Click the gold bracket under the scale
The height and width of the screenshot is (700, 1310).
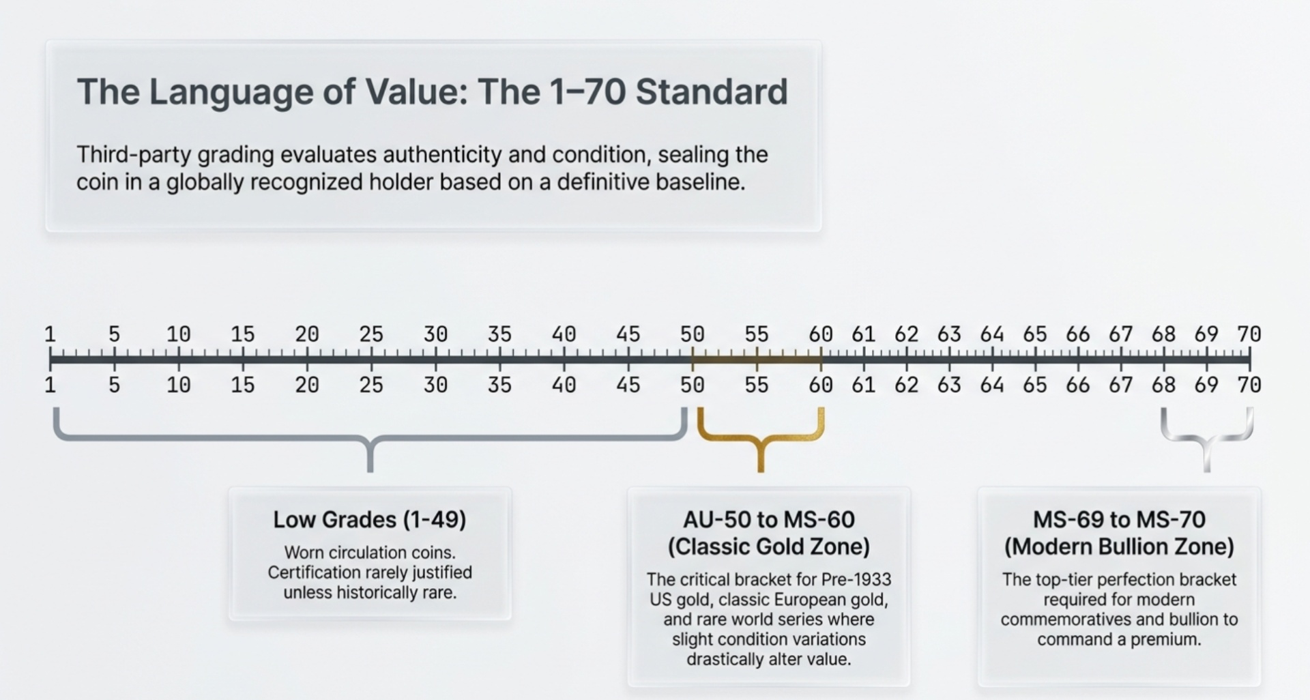pos(761,437)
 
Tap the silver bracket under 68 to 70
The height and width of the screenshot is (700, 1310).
pos(1206,437)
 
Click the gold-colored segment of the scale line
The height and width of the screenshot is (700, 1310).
pos(756,358)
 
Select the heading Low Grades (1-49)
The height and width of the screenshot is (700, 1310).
pos(370,520)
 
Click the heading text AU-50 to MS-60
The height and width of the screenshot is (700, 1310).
pos(768,520)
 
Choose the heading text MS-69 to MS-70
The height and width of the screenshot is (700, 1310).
pos(1119,520)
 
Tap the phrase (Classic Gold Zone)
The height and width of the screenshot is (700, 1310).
pos(768,546)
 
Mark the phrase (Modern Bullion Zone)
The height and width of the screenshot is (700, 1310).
pos(1119,546)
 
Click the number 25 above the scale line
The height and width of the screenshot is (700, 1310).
pos(371,334)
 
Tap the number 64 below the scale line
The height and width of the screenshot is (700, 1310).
pos(991,385)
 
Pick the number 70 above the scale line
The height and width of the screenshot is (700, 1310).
pos(1249,334)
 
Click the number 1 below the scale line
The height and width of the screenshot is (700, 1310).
pos(50,385)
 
